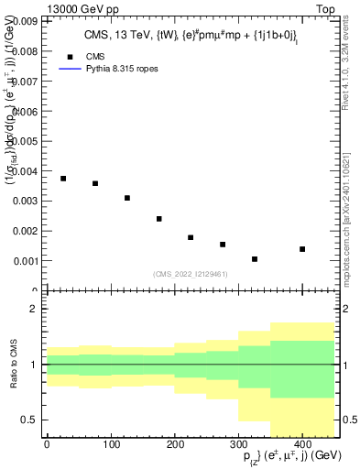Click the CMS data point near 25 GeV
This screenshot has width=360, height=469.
63,179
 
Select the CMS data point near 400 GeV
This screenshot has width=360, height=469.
302,249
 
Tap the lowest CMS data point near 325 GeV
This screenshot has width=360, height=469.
255,259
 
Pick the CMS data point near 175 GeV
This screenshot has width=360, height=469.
159,219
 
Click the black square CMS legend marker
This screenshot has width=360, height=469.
70,56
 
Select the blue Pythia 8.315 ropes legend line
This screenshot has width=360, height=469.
70,69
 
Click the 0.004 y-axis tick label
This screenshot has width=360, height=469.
26,171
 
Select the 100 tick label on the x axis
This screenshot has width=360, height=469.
111,445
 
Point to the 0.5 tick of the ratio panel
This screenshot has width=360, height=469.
30,420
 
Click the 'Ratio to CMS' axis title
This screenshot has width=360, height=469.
13,364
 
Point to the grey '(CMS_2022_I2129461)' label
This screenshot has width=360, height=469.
190,273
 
